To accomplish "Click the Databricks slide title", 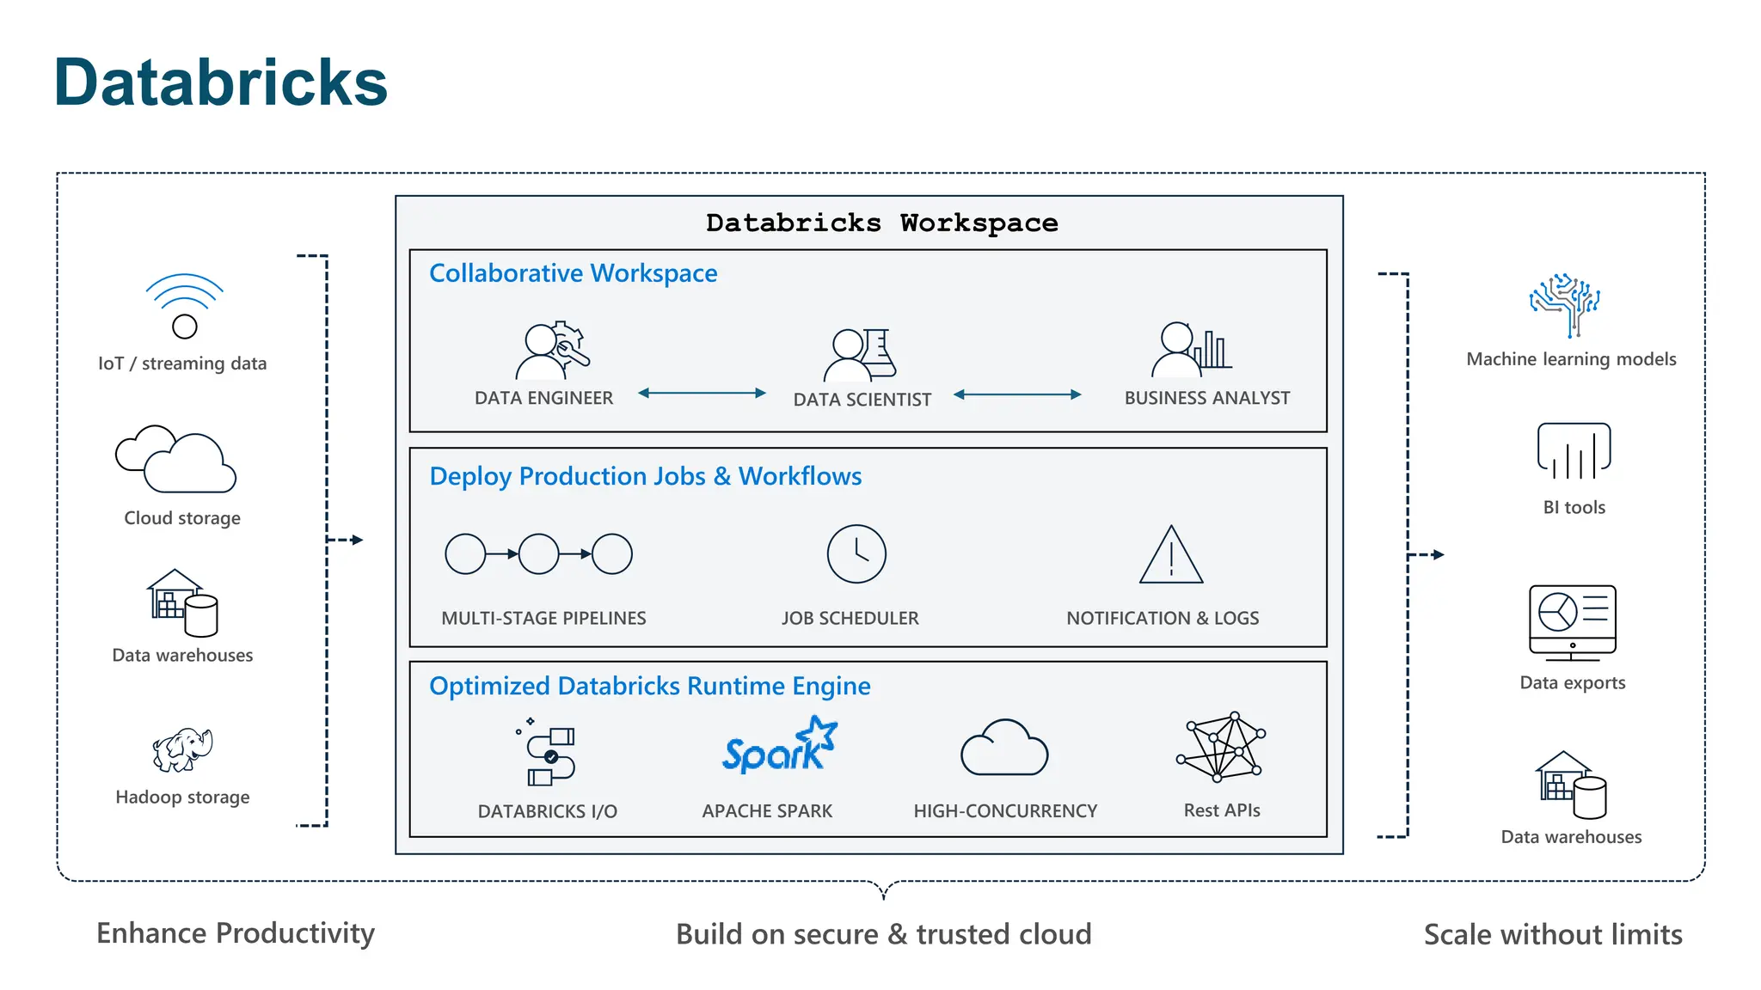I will click(x=220, y=82).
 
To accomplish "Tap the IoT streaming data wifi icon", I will click(x=184, y=306).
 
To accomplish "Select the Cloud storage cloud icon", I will click(x=176, y=460).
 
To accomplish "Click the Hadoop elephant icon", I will click(x=182, y=749).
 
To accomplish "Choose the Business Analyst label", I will click(x=1206, y=398).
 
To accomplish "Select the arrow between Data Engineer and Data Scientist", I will click(x=702, y=393).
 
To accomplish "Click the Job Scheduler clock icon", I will click(x=856, y=554).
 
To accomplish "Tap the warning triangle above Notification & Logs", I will click(x=1171, y=557).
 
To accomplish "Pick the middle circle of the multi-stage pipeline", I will click(x=539, y=554).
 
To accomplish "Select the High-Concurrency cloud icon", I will click(x=1004, y=749).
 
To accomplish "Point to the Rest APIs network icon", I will click(x=1221, y=747).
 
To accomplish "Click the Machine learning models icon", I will click(x=1566, y=305).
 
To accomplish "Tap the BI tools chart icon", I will click(x=1574, y=451).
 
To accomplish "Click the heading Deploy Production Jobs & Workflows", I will click(x=645, y=476).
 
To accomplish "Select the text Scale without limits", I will click(x=1553, y=934).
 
